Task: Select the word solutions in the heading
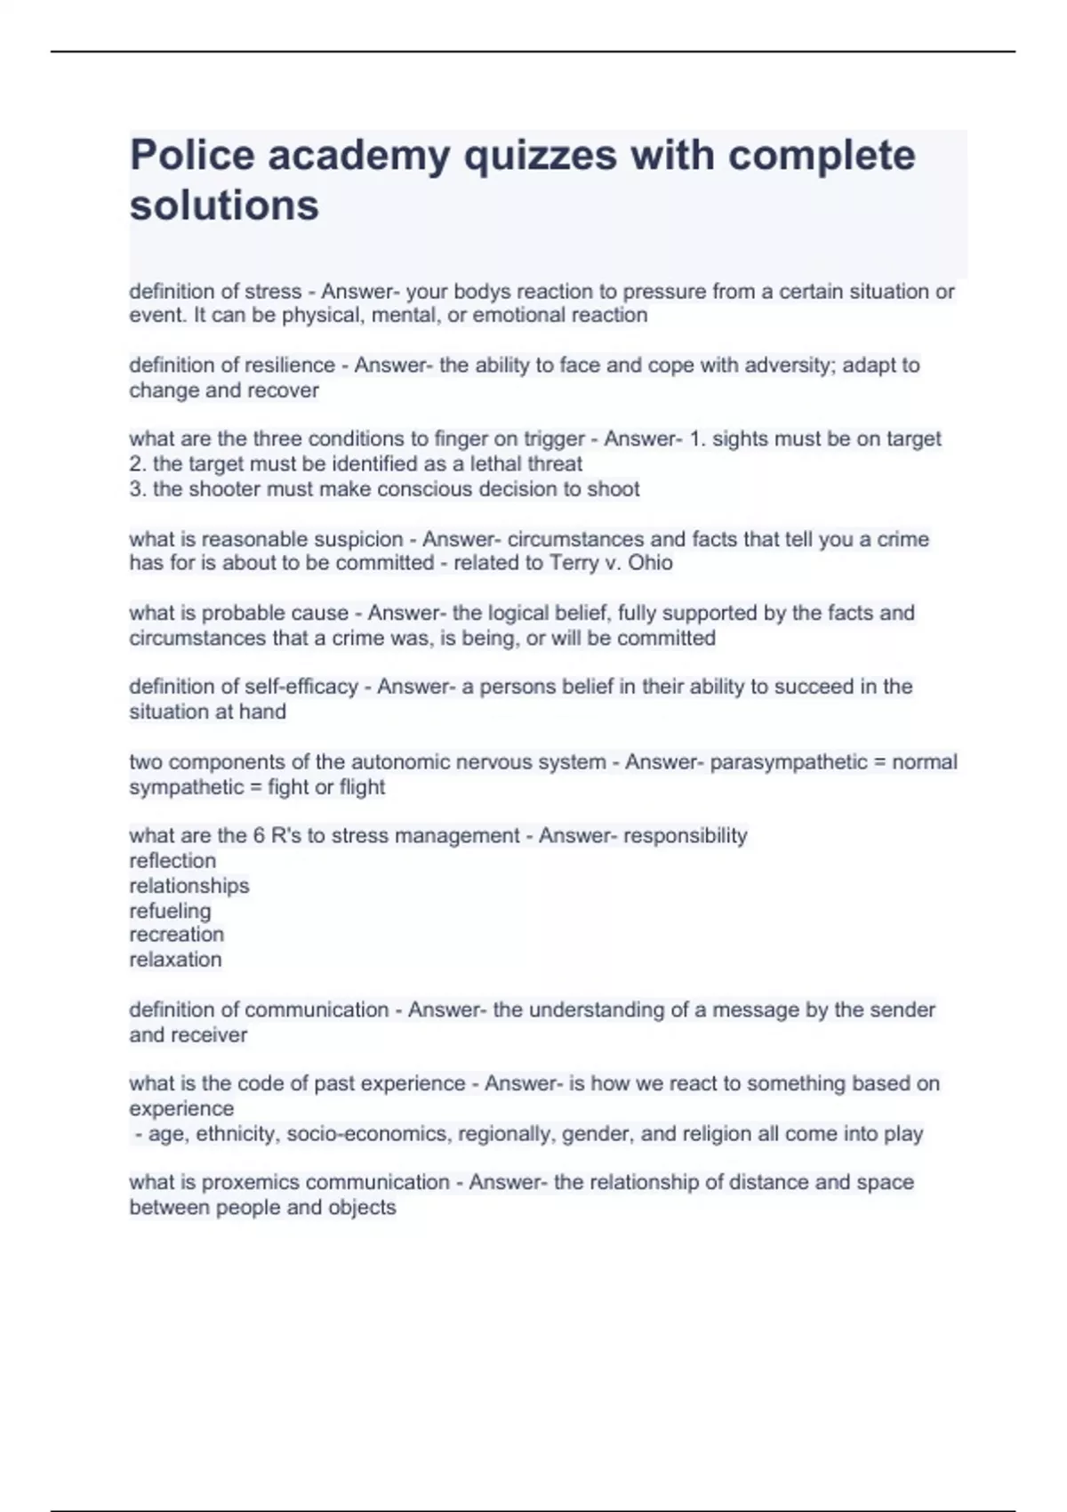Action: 224,205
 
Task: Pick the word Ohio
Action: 650,563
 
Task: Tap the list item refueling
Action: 171,911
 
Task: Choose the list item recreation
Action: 177,935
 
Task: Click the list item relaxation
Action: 176,960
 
